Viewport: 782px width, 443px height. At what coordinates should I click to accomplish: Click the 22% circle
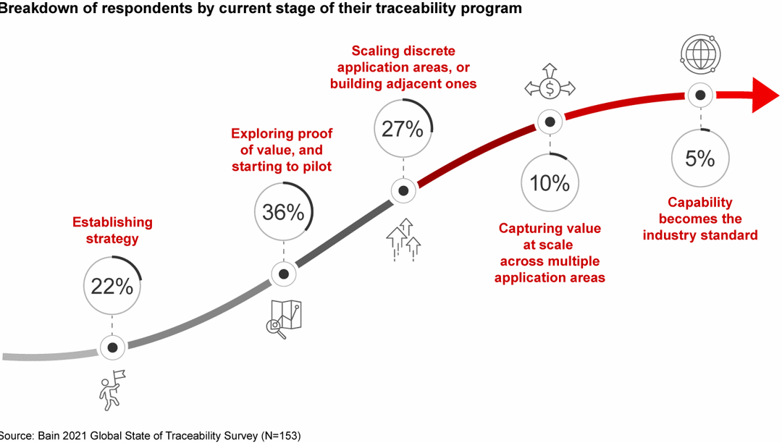112,286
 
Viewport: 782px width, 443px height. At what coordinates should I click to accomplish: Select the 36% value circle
284,212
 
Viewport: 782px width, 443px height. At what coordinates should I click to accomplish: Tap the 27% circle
403,130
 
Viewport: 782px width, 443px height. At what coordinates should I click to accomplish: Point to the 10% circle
550,182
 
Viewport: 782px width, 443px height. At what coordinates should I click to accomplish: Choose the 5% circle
699,159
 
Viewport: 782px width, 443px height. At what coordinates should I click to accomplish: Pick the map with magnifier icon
283,318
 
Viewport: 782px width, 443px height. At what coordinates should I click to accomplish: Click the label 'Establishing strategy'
112,230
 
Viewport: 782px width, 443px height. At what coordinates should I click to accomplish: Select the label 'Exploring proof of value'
282,150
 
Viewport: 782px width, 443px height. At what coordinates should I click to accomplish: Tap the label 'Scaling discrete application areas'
403,67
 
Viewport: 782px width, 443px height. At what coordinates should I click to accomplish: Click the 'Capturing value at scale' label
550,253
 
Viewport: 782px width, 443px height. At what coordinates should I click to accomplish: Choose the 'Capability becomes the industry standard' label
699,219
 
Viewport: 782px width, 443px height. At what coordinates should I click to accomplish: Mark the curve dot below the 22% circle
112,348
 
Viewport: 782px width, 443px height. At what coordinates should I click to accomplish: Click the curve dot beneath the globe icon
699,95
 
